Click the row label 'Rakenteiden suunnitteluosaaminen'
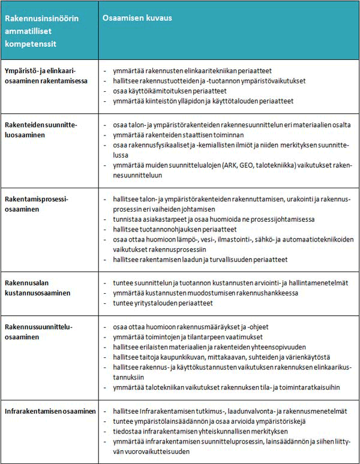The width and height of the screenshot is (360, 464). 41,129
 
